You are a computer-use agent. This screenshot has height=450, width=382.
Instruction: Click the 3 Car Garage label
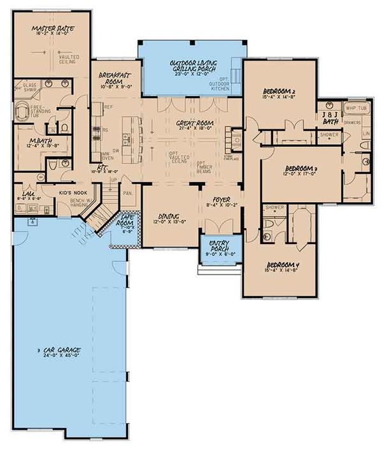pos(62,351)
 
